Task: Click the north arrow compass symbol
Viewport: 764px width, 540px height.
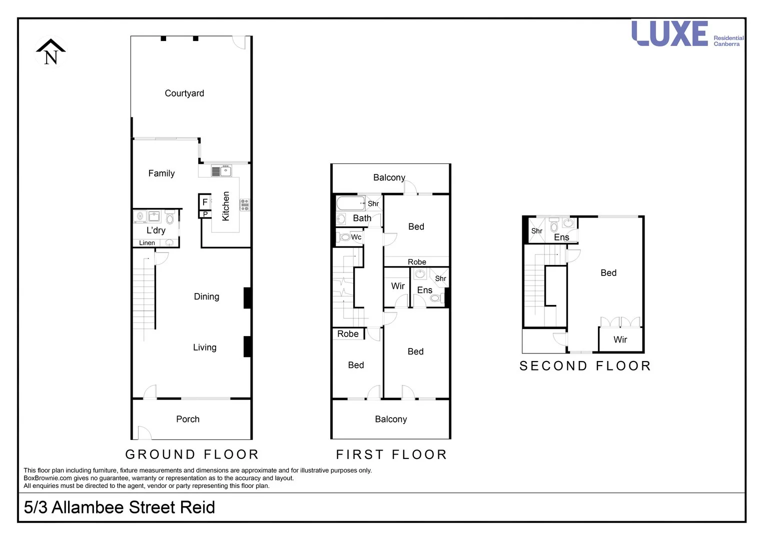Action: coord(51,52)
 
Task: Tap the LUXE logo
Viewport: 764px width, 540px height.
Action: coord(670,33)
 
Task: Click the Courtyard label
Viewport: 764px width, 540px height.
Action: coord(184,93)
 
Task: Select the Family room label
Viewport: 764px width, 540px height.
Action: coord(161,173)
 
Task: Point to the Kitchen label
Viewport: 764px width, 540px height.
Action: coord(226,206)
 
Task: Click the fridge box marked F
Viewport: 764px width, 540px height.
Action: coord(205,202)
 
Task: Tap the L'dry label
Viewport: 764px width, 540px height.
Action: coord(156,230)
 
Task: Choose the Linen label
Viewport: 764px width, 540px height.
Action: coord(147,243)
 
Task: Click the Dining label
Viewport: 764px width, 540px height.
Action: coord(206,296)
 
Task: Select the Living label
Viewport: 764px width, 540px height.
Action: coord(205,347)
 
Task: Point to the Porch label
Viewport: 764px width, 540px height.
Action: coord(188,419)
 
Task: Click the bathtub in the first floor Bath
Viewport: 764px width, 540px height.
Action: coord(350,203)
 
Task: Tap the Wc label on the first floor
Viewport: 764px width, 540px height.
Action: coord(356,237)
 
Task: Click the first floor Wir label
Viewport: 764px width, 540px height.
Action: coord(398,286)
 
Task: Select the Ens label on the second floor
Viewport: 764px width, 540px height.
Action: coord(561,237)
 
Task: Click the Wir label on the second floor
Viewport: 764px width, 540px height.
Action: coord(620,339)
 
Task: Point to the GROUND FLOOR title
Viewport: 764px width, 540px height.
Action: coord(192,454)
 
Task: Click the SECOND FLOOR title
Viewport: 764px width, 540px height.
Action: coord(585,366)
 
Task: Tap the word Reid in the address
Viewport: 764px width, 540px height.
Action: coord(197,507)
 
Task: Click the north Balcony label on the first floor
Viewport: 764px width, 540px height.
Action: coord(389,177)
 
